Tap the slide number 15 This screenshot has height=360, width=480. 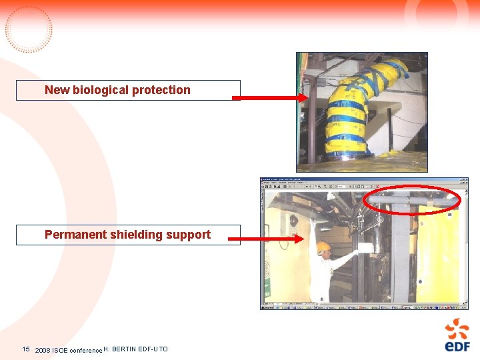click(x=26, y=349)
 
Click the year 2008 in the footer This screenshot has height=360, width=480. click(x=43, y=350)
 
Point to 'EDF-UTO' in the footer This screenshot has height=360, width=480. click(x=154, y=349)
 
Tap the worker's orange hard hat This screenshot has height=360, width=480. click(x=323, y=247)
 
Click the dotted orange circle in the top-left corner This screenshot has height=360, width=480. click(x=29, y=29)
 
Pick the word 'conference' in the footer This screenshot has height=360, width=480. click(x=86, y=350)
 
